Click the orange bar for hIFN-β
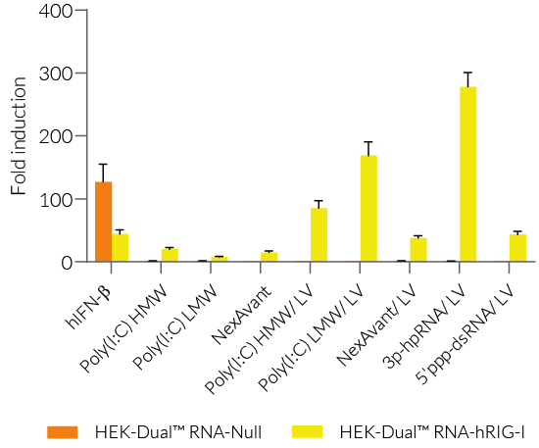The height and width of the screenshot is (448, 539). pos(103,222)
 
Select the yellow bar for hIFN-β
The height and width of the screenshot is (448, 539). pos(120,248)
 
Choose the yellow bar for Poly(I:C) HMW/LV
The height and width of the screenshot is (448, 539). pos(318,235)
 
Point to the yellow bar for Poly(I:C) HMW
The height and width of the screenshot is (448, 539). pos(170,255)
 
